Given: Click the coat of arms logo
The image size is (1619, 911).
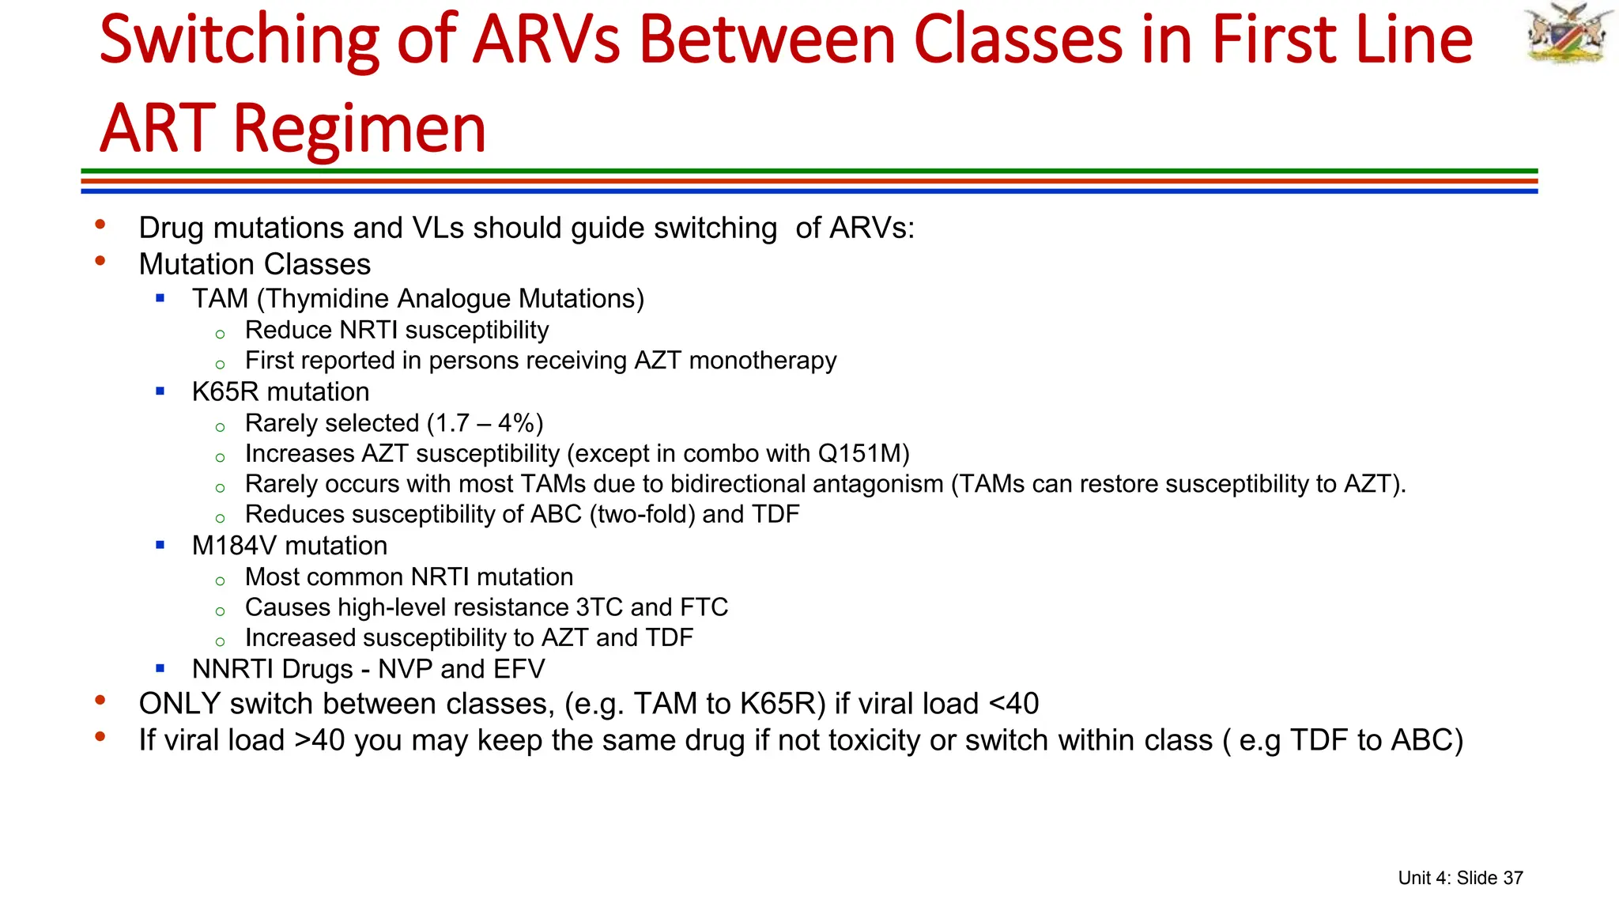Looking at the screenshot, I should [1568, 33].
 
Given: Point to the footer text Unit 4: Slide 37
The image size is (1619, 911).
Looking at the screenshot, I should [1460, 878].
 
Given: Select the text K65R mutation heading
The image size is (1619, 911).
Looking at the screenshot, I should [281, 392].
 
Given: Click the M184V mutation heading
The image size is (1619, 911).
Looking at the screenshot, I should [289, 546].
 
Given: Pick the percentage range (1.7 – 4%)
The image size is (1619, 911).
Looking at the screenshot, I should [485, 423].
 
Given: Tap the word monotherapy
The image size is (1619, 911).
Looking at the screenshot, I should [763, 361].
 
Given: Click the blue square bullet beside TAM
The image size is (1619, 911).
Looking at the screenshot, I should [160, 298].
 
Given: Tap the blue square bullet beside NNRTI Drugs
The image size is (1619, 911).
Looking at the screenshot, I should [160, 668].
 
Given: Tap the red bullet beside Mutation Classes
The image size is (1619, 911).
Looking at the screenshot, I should [100, 261].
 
